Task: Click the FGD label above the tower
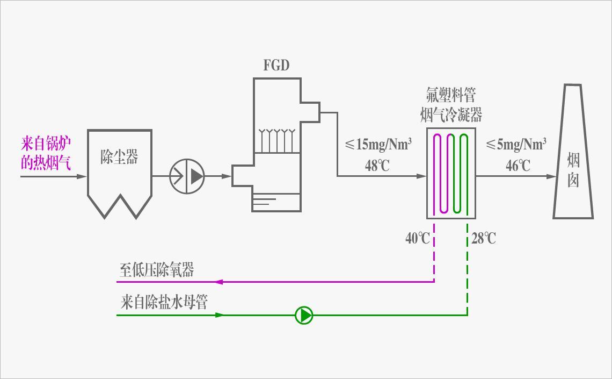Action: [276, 66]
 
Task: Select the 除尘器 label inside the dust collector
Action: [119, 157]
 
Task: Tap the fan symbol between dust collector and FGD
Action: [187, 176]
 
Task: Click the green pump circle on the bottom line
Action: [304, 315]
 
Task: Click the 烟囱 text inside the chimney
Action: [573, 169]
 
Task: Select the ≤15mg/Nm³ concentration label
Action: [378, 145]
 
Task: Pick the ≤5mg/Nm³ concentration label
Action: [516, 145]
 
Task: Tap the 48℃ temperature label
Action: [377, 166]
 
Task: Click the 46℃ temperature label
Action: [518, 166]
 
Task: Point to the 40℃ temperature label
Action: [418, 238]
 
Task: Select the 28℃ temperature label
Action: [484, 238]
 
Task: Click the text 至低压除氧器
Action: [156, 270]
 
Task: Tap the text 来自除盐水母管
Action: [164, 303]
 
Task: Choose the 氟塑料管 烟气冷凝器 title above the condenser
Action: [451, 105]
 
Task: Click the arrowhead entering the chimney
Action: [551, 176]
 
